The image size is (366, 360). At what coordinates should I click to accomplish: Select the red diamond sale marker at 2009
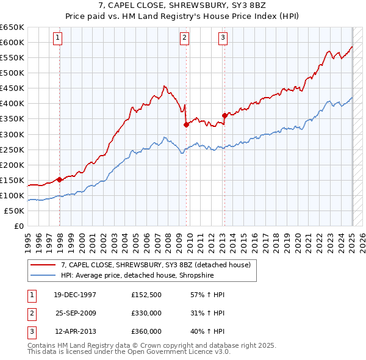coord(186,124)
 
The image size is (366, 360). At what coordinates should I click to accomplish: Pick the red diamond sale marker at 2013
coord(224,115)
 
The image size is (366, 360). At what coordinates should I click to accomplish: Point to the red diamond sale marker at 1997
coord(60,179)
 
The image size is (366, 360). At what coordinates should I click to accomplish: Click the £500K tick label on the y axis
coord(12,73)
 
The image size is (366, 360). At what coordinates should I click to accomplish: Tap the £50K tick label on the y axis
coord(14,211)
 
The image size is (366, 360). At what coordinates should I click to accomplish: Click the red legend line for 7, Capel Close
coord(44,265)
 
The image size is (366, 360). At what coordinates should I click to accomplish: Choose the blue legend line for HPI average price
coord(44,275)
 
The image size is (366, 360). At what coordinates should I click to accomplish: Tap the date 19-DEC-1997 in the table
coord(75,295)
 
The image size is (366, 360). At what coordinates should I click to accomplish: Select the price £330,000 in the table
coord(146,314)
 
